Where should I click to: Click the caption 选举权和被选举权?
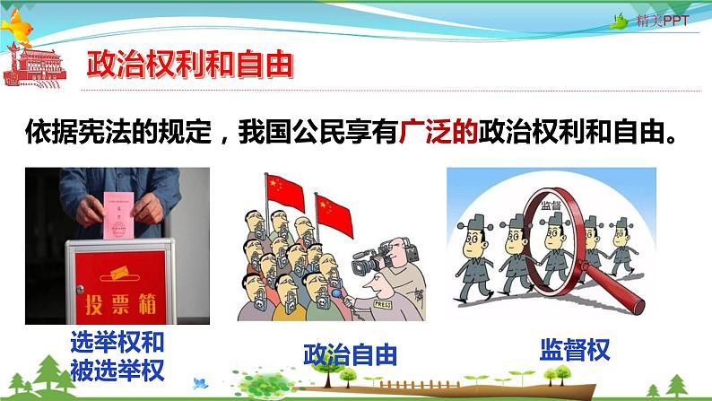point(117,355)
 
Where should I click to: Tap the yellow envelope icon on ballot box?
point(117,269)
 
